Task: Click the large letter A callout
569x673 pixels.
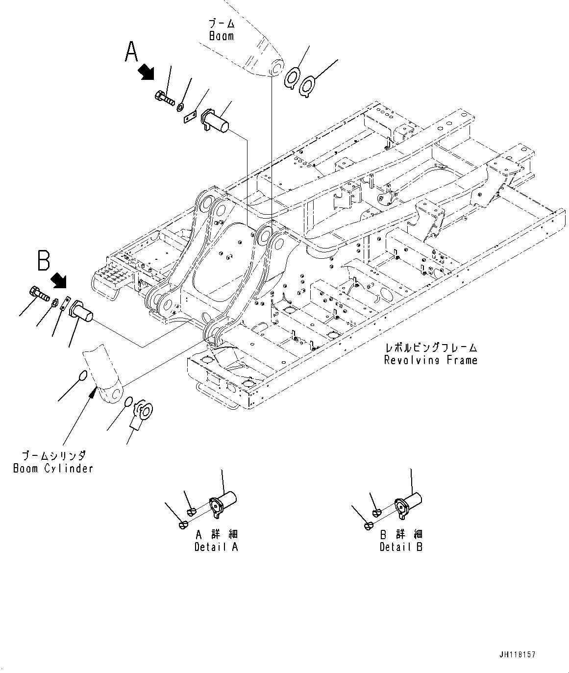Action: (x=131, y=52)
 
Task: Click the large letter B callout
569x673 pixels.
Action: (x=44, y=260)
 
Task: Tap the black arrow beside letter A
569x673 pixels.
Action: (x=146, y=73)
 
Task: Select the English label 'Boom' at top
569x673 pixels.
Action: (x=222, y=36)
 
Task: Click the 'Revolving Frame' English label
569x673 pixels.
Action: (x=430, y=360)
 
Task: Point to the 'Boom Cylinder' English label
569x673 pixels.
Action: (x=53, y=468)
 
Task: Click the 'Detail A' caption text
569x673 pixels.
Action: (x=216, y=547)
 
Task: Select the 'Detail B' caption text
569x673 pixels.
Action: (x=401, y=547)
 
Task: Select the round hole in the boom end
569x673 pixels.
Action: (x=277, y=66)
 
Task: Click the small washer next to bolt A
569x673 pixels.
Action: (x=181, y=106)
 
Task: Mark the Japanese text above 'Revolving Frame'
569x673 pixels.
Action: (x=431, y=348)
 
